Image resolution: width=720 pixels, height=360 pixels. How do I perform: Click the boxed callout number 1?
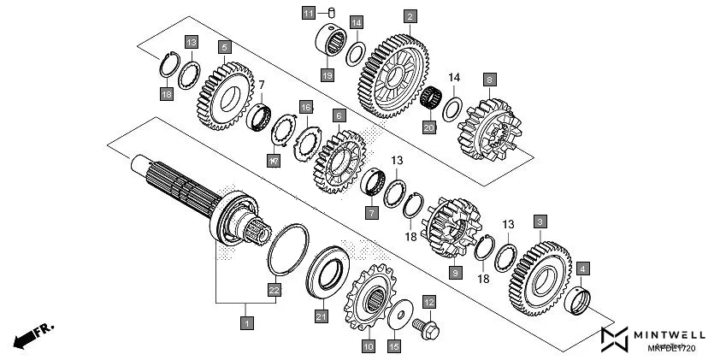tap(246, 323)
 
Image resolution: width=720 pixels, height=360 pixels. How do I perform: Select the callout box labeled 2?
tap(410, 16)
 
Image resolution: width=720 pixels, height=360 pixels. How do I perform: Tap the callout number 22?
tap(274, 289)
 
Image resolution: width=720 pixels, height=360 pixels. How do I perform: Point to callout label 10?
tap(368, 346)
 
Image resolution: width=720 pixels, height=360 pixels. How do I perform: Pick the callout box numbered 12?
tap(428, 302)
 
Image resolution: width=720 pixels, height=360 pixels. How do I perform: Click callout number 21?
tap(322, 317)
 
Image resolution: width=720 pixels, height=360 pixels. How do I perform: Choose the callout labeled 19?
tap(327, 75)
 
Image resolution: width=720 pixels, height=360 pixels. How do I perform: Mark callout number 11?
tap(308, 13)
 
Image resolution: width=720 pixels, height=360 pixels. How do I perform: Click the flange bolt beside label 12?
tap(428, 327)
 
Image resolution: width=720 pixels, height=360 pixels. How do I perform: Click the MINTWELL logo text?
tap(672, 334)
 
